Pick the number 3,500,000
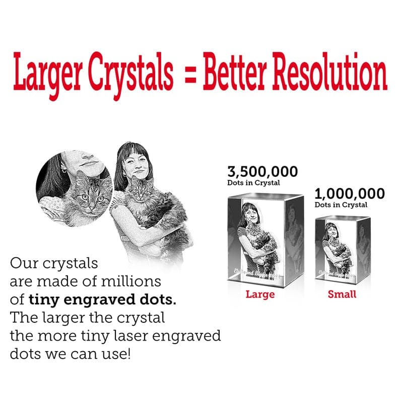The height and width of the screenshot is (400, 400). (x=262, y=171)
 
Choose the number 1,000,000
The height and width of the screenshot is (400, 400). (x=349, y=193)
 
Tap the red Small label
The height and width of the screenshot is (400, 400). (x=342, y=294)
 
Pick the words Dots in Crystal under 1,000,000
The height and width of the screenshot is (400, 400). (x=341, y=205)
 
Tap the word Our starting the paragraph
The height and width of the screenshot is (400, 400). (x=23, y=263)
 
